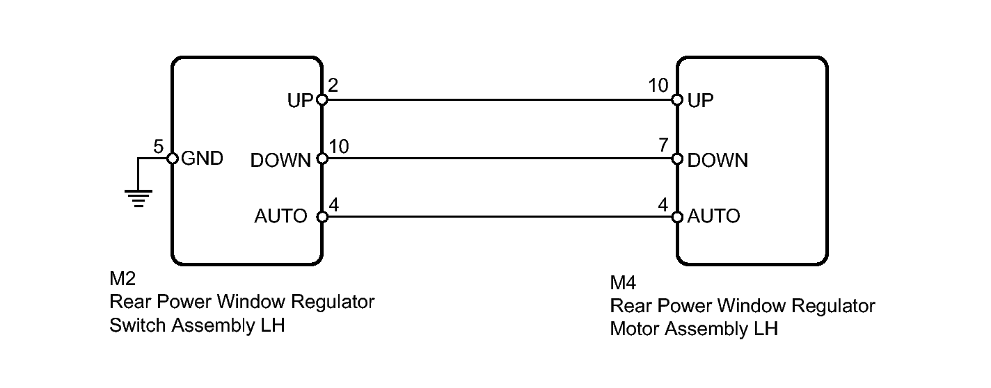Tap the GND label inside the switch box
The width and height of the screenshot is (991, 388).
click(x=203, y=159)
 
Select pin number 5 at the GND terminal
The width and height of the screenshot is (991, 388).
click(x=159, y=146)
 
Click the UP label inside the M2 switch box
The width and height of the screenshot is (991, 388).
click(x=301, y=101)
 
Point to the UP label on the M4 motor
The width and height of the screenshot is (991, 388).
click(x=700, y=101)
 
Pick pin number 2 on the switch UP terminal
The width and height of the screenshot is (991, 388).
click(x=333, y=86)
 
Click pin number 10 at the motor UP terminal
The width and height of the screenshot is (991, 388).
click(x=658, y=86)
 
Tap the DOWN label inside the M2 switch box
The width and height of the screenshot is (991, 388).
click(x=280, y=161)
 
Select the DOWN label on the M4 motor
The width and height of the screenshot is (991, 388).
click(x=718, y=161)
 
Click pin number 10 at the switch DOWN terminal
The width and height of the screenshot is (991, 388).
click(x=339, y=146)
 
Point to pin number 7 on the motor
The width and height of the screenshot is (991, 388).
click(x=663, y=145)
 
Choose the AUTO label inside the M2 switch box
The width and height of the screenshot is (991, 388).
click(x=280, y=216)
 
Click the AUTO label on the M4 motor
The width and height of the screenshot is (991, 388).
click(x=713, y=216)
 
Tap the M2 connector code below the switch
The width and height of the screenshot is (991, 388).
click(x=122, y=278)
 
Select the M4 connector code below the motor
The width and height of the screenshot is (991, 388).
click(x=623, y=282)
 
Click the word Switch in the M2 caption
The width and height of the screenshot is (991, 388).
click(x=138, y=325)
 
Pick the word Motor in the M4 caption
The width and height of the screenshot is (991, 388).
click(x=635, y=329)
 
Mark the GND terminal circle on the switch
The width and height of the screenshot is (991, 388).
click(x=172, y=159)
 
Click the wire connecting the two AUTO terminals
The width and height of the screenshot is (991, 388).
click(x=500, y=217)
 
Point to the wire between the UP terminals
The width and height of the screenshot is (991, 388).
click(x=500, y=100)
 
